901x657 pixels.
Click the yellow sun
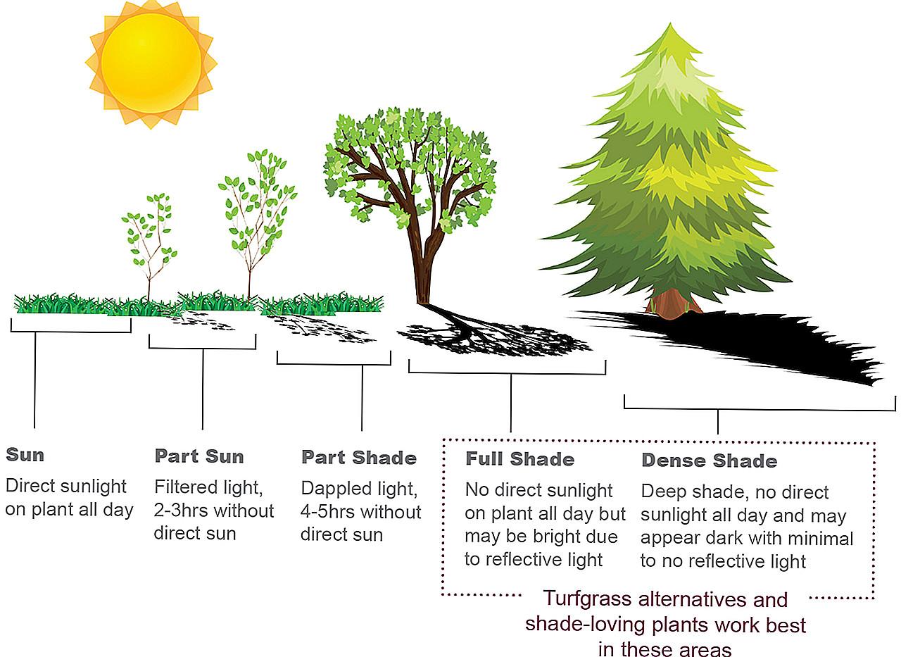[151, 63]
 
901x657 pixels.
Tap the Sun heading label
[25, 455]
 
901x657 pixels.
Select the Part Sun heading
[199, 456]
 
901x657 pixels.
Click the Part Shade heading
[359, 458]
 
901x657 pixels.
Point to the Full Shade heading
[519, 459]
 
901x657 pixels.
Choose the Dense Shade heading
[709, 461]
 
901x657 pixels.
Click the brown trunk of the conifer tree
[674, 303]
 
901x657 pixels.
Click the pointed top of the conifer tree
[670, 24]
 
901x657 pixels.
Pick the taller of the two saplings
[257, 223]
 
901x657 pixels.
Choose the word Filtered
[187, 487]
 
